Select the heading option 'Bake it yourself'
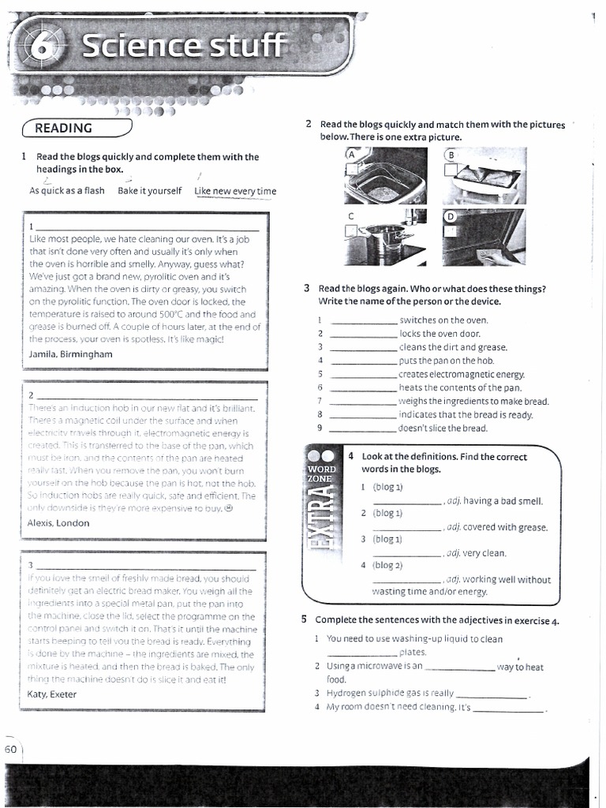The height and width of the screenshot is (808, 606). (149, 191)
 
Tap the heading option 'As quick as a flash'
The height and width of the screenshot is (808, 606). (67, 191)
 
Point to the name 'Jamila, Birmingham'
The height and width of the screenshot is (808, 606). (70, 353)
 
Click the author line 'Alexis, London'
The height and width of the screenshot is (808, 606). (58, 522)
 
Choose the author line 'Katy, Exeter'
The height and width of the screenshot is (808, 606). (52, 694)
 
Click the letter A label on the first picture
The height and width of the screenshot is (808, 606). (351, 155)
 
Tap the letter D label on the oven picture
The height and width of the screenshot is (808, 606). (451, 215)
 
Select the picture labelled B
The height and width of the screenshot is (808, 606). (483, 175)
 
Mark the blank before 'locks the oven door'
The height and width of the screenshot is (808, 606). (364, 335)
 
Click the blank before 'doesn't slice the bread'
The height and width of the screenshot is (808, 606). (364, 429)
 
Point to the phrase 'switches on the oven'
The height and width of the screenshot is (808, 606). (443, 320)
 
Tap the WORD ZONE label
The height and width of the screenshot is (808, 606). (321, 473)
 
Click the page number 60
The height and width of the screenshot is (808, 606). (11, 750)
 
